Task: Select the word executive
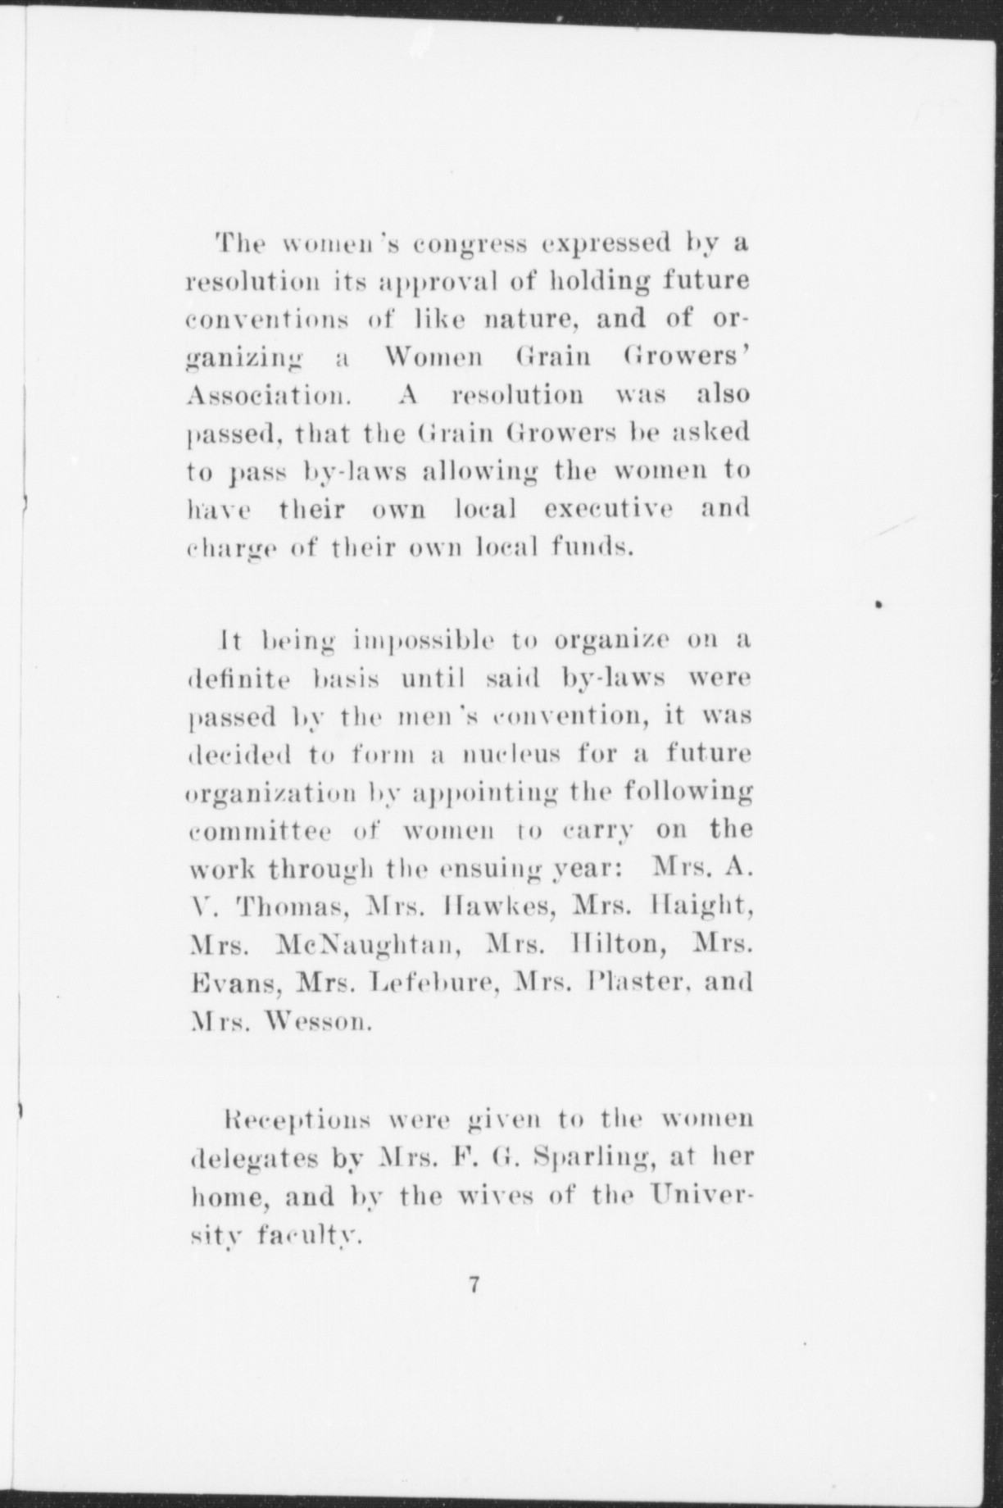pos(609,509)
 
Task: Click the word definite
pos(239,679)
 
